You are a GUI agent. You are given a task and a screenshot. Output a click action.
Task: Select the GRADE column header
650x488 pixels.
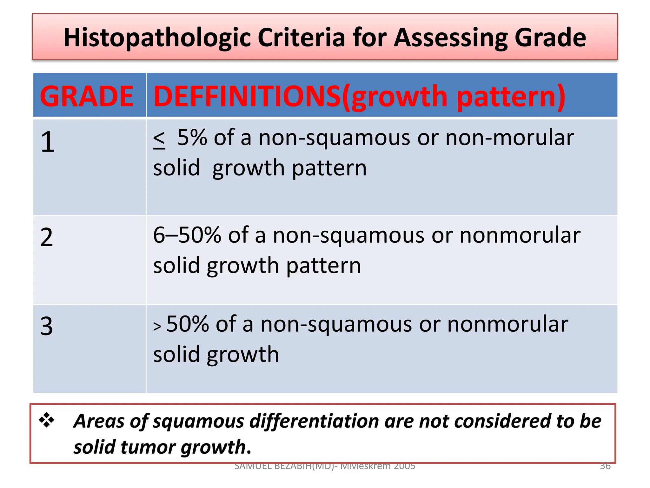pyautogui.click(x=87, y=96)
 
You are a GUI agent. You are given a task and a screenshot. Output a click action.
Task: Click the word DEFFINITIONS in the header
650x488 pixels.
pyautogui.click(x=247, y=96)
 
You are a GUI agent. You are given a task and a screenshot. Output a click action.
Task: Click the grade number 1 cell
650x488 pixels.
pyautogui.click(x=48, y=142)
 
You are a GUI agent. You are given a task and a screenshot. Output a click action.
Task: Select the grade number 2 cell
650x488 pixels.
pyautogui.click(x=47, y=238)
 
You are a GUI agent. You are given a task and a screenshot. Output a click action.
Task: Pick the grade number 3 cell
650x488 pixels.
pyautogui.click(x=47, y=326)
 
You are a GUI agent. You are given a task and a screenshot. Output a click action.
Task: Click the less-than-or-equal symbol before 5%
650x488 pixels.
pyautogui.click(x=159, y=140)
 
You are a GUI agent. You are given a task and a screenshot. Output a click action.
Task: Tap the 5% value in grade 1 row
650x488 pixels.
pyautogui.click(x=192, y=138)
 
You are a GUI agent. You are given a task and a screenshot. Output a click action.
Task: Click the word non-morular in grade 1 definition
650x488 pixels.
pyautogui.click(x=509, y=138)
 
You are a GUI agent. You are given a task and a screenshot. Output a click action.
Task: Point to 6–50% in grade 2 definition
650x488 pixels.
pyautogui.click(x=187, y=235)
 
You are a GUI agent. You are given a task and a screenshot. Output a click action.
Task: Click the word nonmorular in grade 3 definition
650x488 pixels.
pyautogui.click(x=507, y=324)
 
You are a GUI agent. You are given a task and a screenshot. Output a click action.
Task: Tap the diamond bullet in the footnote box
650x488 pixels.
pyautogui.click(x=47, y=420)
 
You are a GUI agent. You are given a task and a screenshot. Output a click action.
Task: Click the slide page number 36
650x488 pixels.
pyautogui.click(x=605, y=466)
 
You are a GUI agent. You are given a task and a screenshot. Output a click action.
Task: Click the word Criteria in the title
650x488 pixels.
pyautogui.click(x=301, y=37)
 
